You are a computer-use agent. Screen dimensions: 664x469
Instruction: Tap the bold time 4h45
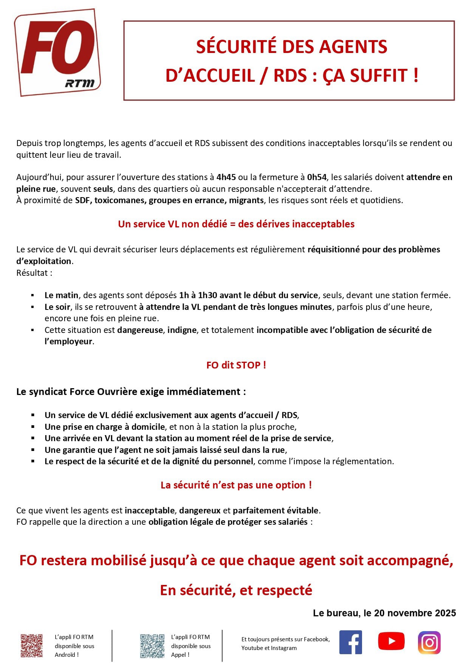tap(226, 177)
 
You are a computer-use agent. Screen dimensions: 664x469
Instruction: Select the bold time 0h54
tap(317, 177)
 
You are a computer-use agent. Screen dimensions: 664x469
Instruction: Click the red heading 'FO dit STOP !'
tap(236, 365)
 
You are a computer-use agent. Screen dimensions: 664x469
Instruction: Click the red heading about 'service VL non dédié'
tap(236, 224)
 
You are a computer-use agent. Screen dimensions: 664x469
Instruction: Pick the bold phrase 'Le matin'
tap(61, 295)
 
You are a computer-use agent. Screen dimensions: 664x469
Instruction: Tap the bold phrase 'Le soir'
tap(57, 307)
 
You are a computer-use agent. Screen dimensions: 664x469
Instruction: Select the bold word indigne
tap(182, 330)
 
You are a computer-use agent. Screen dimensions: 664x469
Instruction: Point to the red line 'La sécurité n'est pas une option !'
tap(236, 485)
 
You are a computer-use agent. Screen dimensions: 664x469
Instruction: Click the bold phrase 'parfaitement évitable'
tap(276, 510)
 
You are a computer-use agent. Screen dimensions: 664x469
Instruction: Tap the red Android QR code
tap(31, 646)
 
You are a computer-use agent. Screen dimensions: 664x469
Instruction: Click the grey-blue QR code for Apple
tap(152, 646)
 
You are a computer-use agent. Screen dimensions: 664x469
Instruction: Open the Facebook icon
tap(351, 642)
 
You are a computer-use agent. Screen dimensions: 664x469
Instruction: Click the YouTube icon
tap(391, 641)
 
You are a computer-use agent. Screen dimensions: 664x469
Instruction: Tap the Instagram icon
tap(429, 642)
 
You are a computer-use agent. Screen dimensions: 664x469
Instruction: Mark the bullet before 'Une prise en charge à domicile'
tap(33, 427)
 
